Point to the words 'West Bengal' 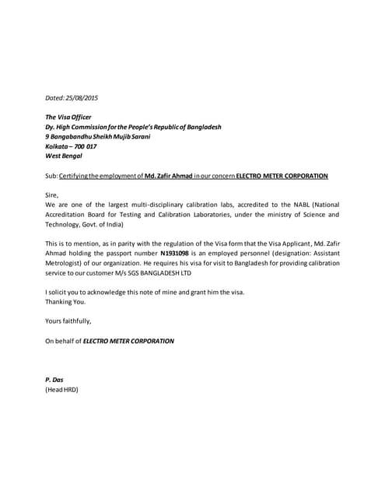[x=63, y=155]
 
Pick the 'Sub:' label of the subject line [x=52, y=176]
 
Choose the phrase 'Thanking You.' [x=65, y=301]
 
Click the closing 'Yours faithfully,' [x=68, y=321]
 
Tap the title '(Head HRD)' [x=62, y=389]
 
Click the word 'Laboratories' [x=240, y=214]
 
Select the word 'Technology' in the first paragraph [x=64, y=223]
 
